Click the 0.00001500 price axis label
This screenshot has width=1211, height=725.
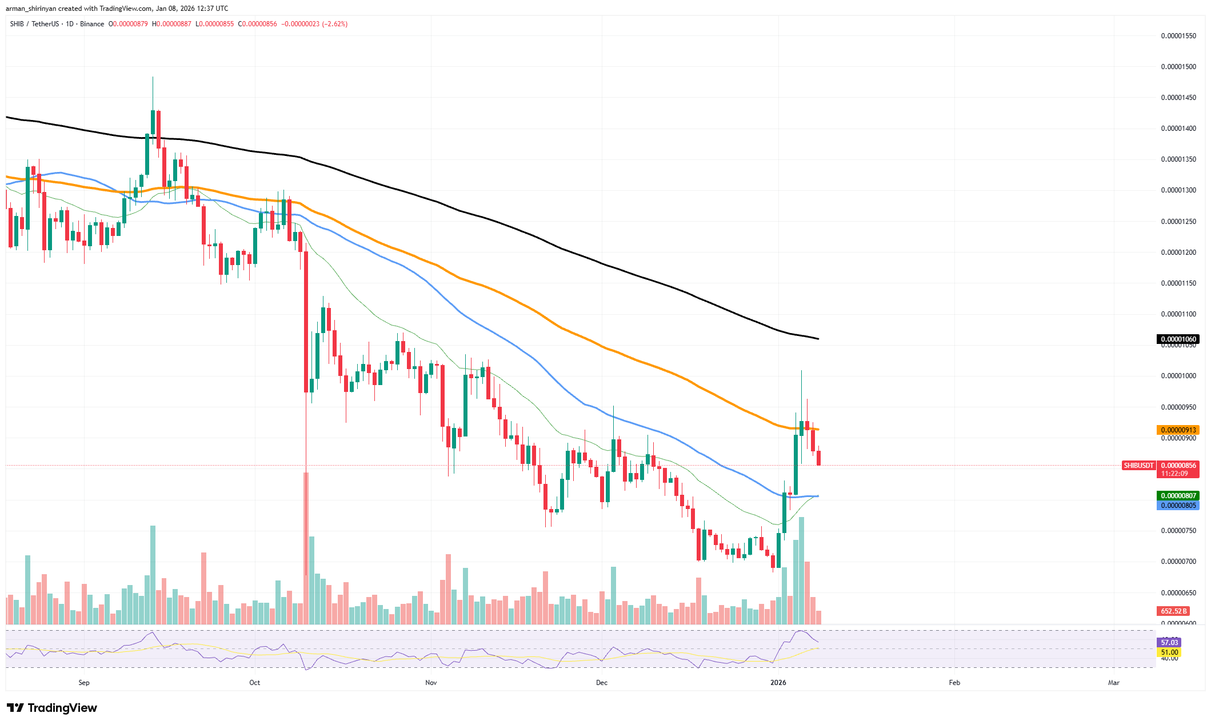pos(1178,67)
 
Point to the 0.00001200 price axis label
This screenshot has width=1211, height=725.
pos(1178,253)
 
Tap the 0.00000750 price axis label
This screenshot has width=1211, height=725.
pos(1178,531)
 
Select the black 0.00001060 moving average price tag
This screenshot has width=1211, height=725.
pos(1177,339)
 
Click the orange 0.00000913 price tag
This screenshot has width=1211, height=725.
pos(1177,430)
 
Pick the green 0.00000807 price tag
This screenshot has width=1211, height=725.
pos(1177,495)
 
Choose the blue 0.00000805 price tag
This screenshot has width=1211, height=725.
pos(1177,506)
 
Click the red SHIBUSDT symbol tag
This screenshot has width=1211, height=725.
pos(1138,466)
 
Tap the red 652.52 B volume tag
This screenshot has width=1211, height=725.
pos(1173,611)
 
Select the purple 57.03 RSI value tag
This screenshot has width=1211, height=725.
pos(1169,643)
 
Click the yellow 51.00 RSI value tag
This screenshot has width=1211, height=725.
pos(1169,652)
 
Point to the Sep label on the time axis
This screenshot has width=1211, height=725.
pos(84,683)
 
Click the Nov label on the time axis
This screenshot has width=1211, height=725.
pos(431,683)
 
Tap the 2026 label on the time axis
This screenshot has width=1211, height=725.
pos(778,683)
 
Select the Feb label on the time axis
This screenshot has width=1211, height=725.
pos(954,683)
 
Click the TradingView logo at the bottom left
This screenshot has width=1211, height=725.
pos(52,708)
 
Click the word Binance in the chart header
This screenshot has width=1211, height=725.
pos(92,24)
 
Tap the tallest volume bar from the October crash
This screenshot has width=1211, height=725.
pos(306,548)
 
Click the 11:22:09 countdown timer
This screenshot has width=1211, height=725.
pos(1174,474)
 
